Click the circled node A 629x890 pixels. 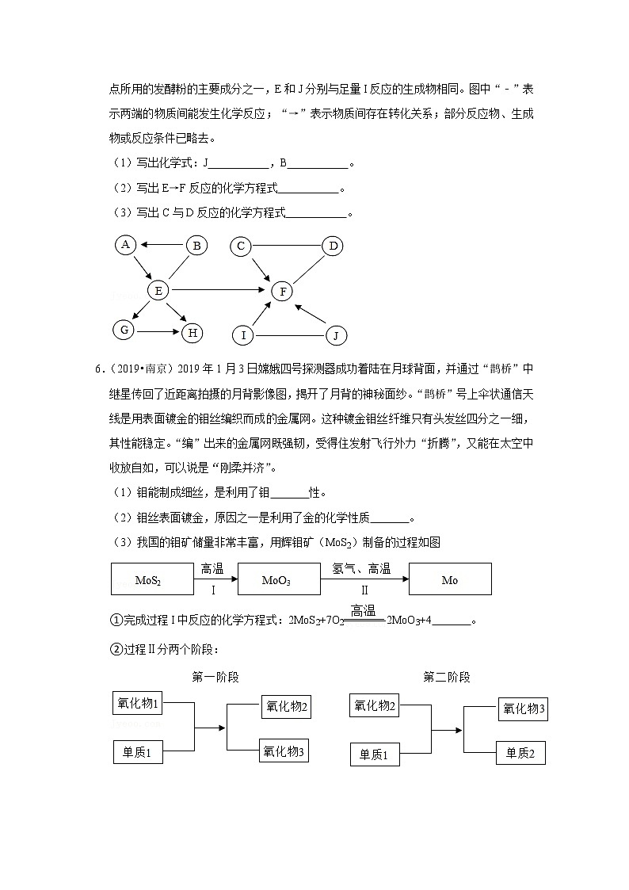(125, 245)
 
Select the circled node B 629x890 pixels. (196, 246)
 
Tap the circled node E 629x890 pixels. (158, 291)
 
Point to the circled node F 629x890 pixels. (282, 291)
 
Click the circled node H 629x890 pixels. (193, 333)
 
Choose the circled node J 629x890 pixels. (336, 336)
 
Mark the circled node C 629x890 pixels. (242, 246)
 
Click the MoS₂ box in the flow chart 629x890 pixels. (148, 579)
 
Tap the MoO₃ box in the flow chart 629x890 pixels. (276, 579)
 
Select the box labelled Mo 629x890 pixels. (450, 579)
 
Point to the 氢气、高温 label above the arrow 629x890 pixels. (361, 568)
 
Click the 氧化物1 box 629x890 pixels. (139, 703)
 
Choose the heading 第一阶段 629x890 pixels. (215, 677)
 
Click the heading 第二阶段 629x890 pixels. (447, 677)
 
